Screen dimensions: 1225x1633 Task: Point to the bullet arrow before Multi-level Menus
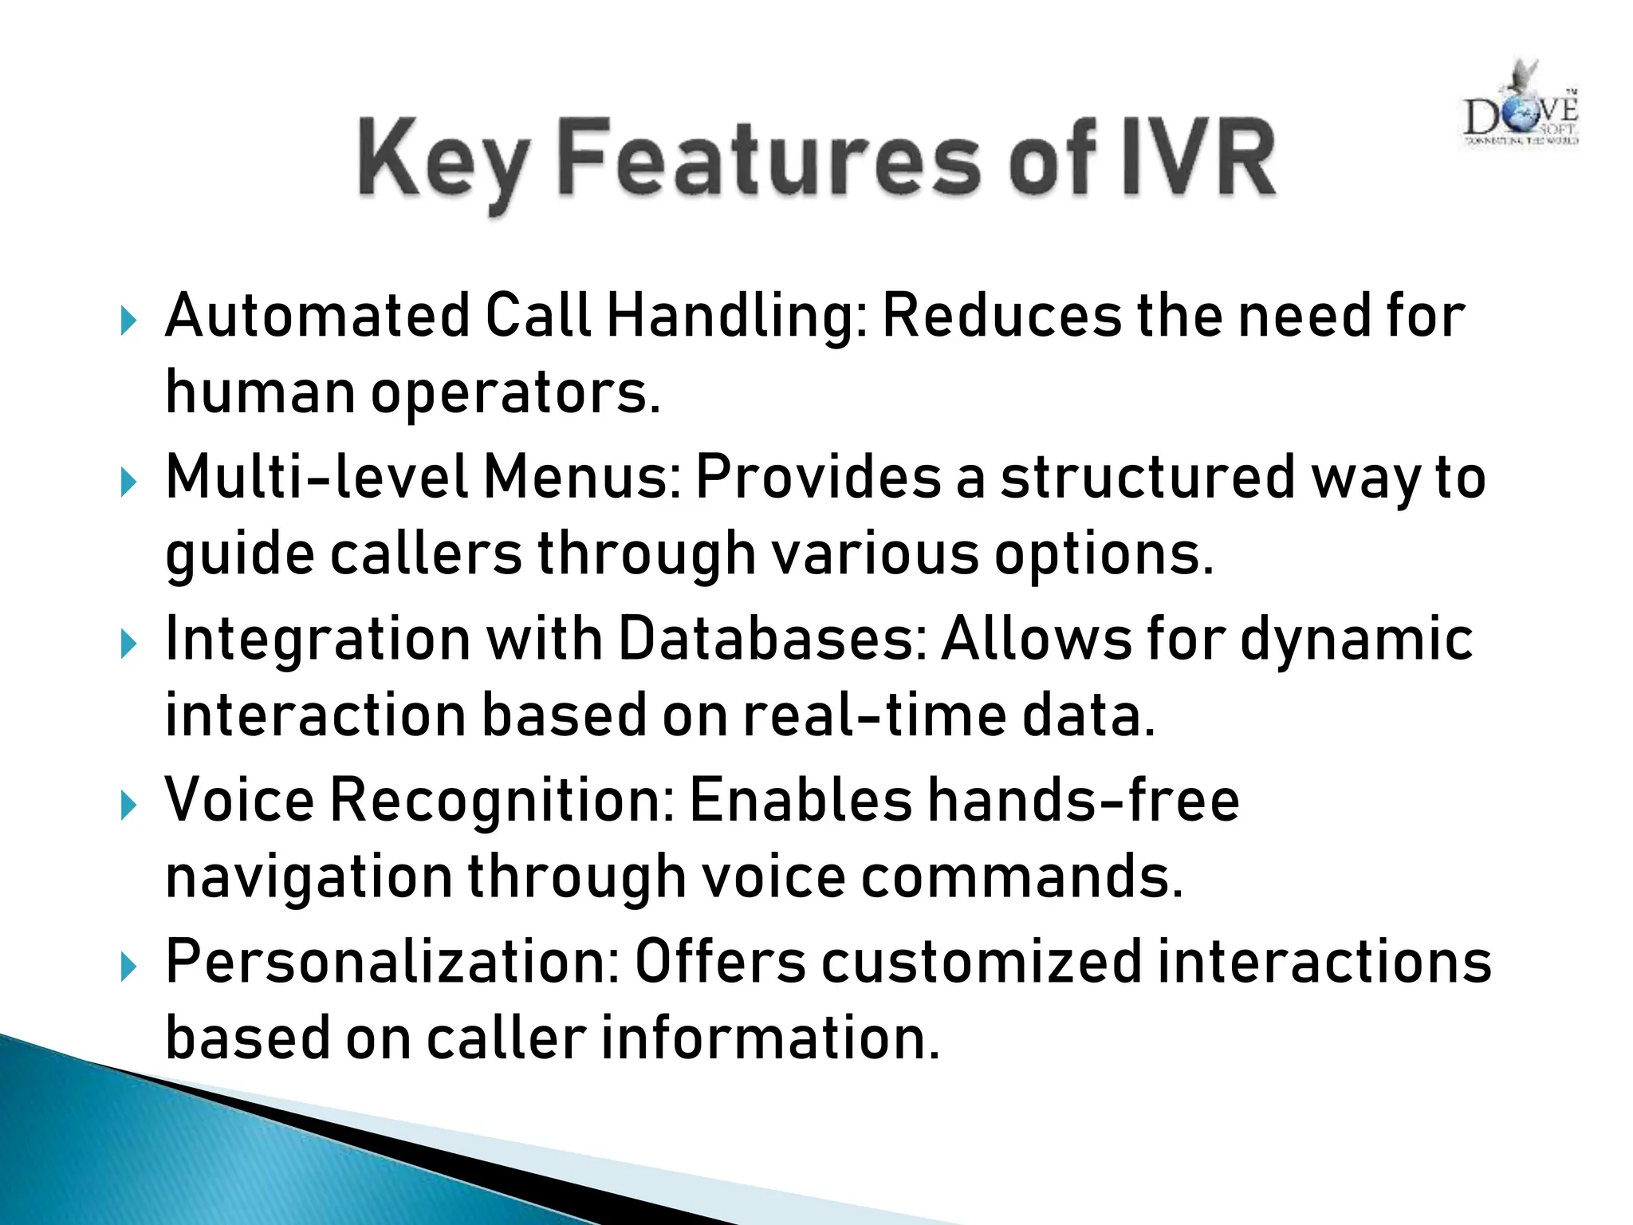click(x=128, y=483)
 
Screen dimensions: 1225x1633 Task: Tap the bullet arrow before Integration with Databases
click(x=128, y=644)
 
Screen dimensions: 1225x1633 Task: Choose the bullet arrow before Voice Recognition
click(x=128, y=806)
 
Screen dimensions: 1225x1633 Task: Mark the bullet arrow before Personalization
click(x=128, y=967)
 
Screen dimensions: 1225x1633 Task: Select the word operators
click(x=515, y=393)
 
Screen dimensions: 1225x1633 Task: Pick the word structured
click(x=1148, y=478)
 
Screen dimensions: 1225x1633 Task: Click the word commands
click(x=1021, y=876)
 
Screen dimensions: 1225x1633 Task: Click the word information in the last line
click(x=769, y=1038)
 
